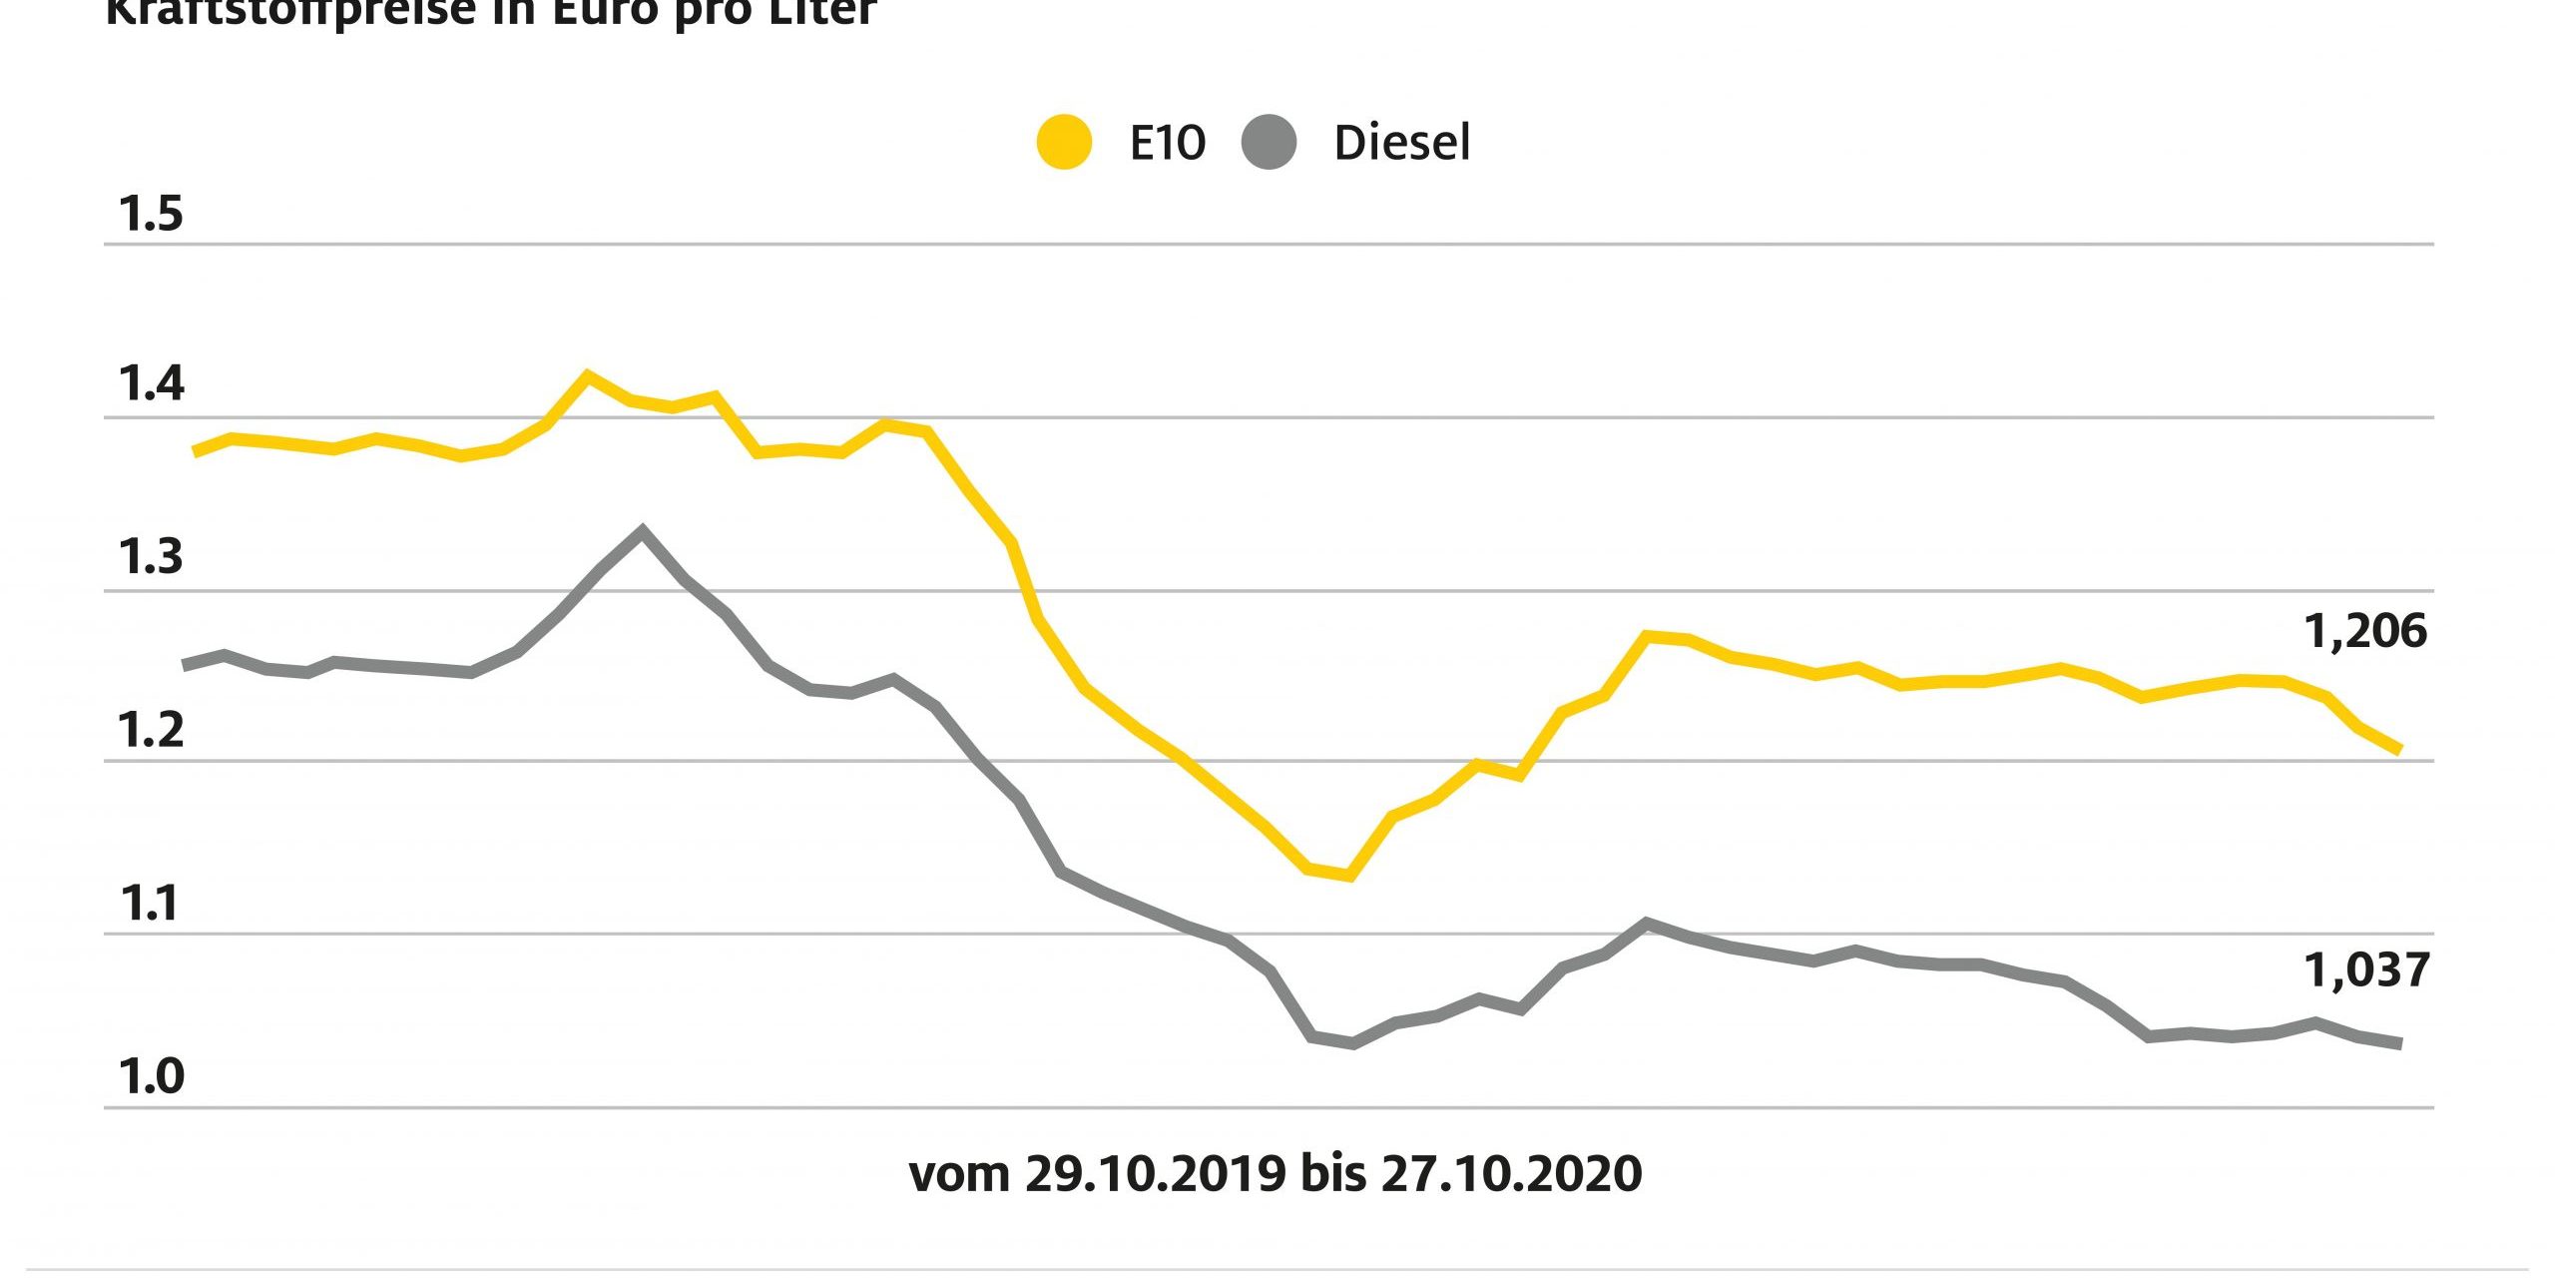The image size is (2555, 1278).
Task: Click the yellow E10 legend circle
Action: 1064,143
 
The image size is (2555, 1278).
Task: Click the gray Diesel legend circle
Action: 1269,143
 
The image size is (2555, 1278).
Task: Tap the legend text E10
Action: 1167,143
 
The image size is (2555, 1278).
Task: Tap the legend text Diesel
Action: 1401,143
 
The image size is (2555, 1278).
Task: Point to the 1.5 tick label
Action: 151,214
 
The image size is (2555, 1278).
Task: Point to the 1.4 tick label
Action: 151,383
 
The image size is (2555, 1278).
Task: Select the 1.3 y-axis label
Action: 151,556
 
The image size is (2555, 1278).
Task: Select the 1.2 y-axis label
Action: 151,730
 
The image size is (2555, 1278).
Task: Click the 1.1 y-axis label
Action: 151,903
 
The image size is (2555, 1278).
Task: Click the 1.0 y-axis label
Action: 151,1076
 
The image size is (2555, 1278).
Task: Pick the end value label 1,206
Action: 2365,631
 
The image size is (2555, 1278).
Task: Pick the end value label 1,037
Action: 2366,970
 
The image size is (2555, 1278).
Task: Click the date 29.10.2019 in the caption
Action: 1156,1174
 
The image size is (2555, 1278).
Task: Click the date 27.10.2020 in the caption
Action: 1511,1174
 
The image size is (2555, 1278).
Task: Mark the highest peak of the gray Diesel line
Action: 642,530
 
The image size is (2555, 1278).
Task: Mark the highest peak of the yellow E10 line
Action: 587,375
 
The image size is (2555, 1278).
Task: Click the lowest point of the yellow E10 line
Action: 1350,877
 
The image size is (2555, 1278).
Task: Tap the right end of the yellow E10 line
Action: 2398,749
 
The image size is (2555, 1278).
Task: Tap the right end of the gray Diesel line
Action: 2398,1043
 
